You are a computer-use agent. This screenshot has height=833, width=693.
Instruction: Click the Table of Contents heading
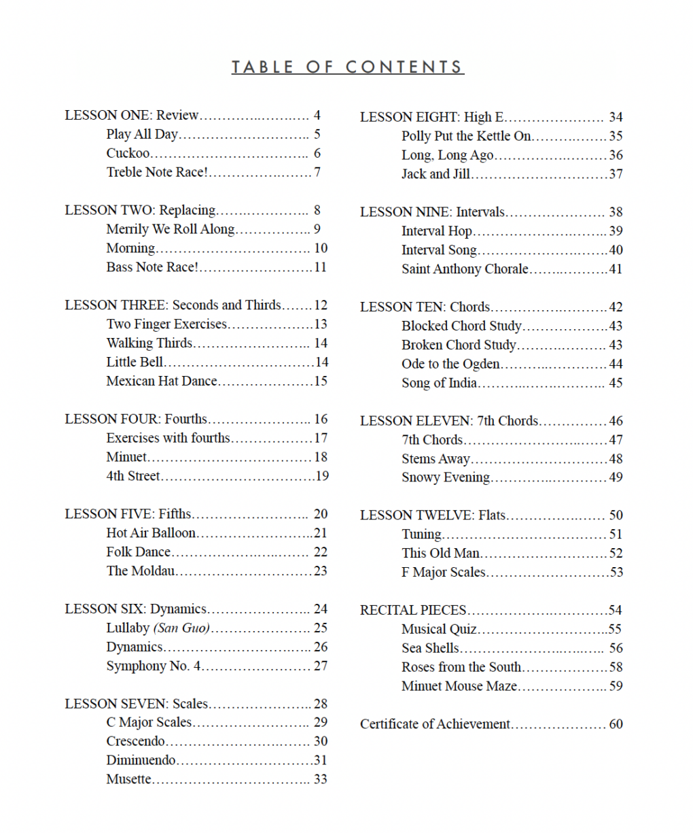[347, 67]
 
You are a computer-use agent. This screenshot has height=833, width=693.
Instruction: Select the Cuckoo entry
[128, 153]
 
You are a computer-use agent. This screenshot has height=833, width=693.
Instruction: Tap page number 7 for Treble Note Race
[317, 172]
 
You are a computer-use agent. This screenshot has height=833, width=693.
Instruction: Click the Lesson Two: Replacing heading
[140, 210]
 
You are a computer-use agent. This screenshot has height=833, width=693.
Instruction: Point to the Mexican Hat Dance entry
[162, 381]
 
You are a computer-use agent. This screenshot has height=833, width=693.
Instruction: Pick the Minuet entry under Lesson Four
[126, 457]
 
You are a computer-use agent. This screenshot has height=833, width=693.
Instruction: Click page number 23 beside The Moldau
[320, 571]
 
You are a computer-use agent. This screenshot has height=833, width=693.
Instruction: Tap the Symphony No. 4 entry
[154, 666]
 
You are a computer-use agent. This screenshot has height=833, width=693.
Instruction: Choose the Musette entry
[129, 779]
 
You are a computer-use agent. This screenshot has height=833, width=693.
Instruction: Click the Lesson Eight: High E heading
[431, 117]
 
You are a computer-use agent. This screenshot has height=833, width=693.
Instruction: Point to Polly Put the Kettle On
[466, 136]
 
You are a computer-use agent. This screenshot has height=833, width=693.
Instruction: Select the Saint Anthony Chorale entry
[465, 269]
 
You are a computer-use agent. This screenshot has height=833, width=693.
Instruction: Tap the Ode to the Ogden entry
[450, 364]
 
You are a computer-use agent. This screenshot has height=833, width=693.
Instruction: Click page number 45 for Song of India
[616, 383]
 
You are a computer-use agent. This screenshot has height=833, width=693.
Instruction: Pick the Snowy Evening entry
[445, 477]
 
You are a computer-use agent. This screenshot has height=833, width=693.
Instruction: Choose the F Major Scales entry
[443, 572]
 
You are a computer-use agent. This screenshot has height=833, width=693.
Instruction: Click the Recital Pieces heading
[413, 610]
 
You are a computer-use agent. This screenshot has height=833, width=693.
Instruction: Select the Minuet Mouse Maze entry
[459, 686]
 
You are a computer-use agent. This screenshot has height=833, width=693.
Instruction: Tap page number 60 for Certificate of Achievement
[616, 724]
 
